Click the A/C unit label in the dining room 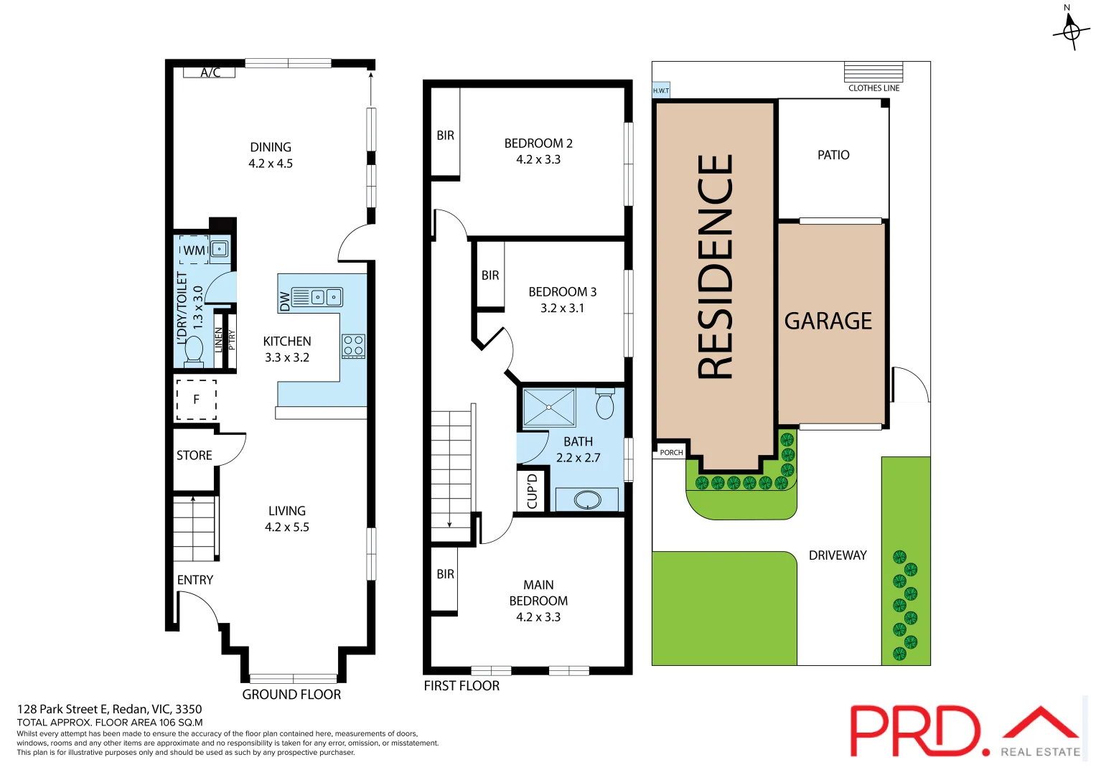pyautogui.click(x=210, y=72)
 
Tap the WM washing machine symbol pyautogui.click(x=194, y=250)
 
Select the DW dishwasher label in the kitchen pyautogui.click(x=285, y=301)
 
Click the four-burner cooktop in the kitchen pyautogui.click(x=353, y=346)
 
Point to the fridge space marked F pyautogui.click(x=196, y=400)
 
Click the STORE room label pyautogui.click(x=194, y=455)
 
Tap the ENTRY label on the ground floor pyautogui.click(x=195, y=580)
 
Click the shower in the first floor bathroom pyautogui.click(x=549, y=407)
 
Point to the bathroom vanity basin pyautogui.click(x=587, y=499)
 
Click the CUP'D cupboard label pyautogui.click(x=532, y=492)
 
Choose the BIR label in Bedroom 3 pyautogui.click(x=490, y=276)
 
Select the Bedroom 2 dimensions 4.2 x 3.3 pyautogui.click(x=538, y=159)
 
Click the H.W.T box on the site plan pyautogui.click(x=661, y=90)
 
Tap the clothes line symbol pyautogui.click(x=873, y=72)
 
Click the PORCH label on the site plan pyautogui.click(x=671, y=452)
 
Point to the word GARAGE pyautogui.click(x=828, y=321)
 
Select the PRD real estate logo pyautogui.click(x=965, y=731)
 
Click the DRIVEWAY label pyautogui.click(x=838, y=555)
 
